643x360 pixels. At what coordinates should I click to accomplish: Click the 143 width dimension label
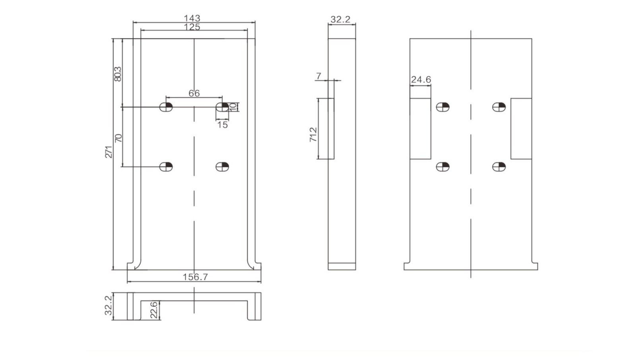point(192,18)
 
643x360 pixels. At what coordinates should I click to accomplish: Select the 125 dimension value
point(192,27)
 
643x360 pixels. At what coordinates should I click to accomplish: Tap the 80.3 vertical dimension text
point(118,74)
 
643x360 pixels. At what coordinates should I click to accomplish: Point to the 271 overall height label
point(109,152)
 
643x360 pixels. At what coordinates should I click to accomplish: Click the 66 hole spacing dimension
point(194,93)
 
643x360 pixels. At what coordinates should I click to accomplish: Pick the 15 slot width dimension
point(222,125)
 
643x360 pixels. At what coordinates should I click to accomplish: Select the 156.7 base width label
point(195,277)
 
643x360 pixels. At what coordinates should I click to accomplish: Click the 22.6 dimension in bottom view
point(154,310)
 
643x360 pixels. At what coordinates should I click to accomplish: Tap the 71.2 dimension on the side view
point(313,134)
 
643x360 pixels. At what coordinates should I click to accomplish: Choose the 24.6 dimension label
point(421,80)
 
